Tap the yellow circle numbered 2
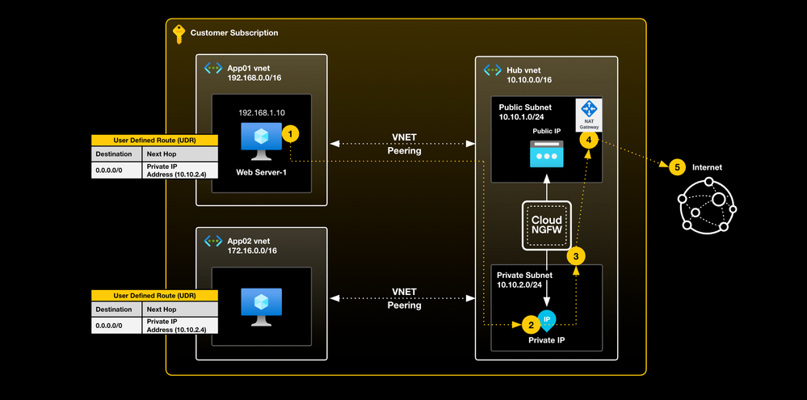coord(530,325)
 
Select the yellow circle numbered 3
coord(575,256)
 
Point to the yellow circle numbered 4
coord(589,140)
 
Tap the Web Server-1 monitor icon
coord(260,142)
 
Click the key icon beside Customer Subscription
coord(179,33)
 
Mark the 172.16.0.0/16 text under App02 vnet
coord(252,251)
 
